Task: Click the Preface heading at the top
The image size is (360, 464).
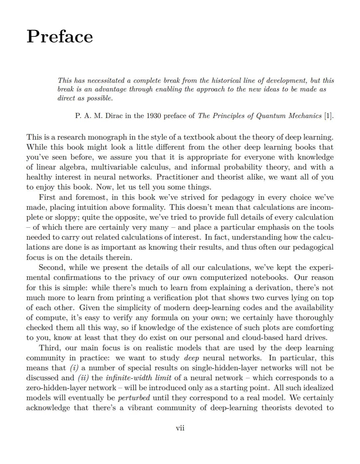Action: click(60, 36)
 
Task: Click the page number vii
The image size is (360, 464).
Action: click(180, 428)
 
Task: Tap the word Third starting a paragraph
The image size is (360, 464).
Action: click(50, 348)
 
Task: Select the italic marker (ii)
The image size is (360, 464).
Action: click(83, 378)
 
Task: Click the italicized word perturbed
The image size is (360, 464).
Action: click(134, 398)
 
